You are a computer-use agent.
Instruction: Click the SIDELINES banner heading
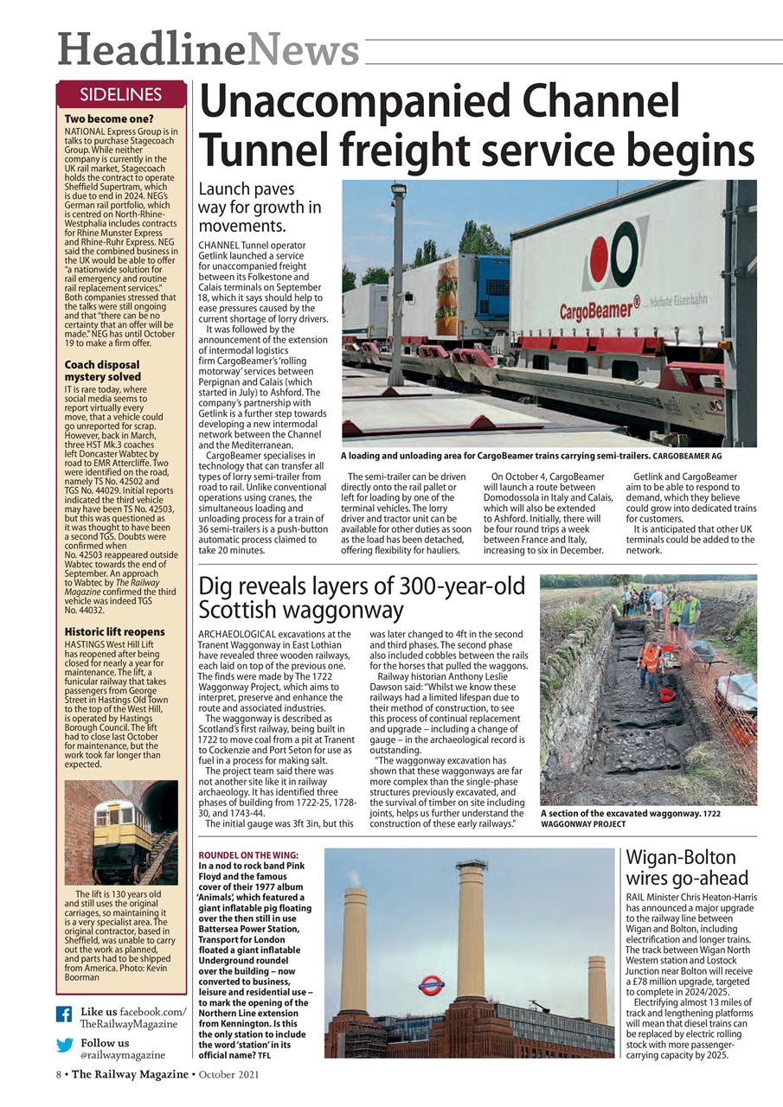[121, 94]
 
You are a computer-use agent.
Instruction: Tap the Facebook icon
[64, 1014]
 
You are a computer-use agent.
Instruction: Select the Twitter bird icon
[64, 1045]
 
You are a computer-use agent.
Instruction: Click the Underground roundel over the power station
[431, 984]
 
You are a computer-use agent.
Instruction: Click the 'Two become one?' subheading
[109, 118]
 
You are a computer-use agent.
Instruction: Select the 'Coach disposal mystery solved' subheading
[102, 371]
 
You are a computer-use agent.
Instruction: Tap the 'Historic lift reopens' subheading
[114, 631]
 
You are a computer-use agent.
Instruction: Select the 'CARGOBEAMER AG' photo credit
[686, 455]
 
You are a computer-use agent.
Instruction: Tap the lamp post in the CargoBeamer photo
[397, 277]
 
